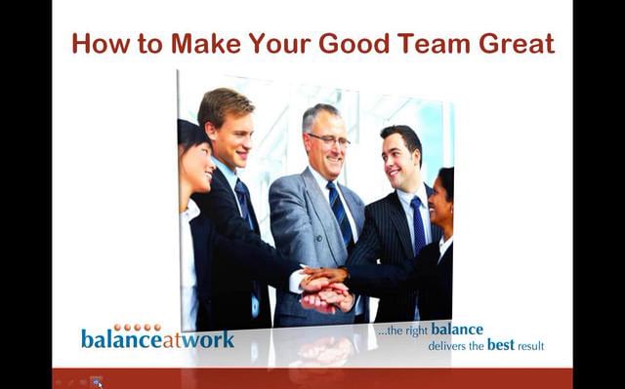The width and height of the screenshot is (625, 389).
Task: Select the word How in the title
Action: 98,44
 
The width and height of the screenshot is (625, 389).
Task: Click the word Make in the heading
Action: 205,44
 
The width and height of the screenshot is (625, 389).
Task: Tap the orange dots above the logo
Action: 138,328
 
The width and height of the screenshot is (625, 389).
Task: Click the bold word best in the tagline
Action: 501,345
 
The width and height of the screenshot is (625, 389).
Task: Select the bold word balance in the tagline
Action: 457,331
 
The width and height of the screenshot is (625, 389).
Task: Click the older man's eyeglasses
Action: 329,140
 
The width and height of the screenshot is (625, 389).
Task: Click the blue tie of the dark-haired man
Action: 418,224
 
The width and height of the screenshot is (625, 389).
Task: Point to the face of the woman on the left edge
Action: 196,168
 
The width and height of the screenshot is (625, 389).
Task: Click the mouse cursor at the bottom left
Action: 99,383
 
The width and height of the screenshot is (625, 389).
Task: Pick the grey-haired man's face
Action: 328,142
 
